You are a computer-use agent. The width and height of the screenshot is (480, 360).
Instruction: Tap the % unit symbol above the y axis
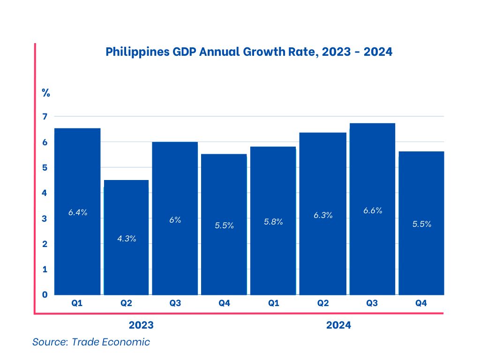click(45, 93)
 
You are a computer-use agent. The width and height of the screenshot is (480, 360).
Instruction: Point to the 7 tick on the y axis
click(45, 116)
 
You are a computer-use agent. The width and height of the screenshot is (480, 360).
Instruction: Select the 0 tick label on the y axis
click(45, 295)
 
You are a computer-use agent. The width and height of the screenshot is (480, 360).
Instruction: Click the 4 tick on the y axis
click(45, 193)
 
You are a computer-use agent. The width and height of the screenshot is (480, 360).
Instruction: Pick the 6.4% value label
click(78, 212)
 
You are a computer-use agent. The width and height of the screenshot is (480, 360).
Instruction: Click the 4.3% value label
click(127, 239)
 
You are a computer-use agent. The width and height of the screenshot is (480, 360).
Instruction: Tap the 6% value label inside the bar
click(175, 219)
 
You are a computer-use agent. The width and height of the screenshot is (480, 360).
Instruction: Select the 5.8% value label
click(273, 222)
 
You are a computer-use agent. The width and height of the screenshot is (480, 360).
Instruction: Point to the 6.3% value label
click(323, 216)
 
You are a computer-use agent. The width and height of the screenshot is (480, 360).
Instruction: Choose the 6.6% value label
click(373, 211)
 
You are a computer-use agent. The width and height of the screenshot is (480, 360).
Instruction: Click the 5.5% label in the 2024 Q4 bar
click(421, 224)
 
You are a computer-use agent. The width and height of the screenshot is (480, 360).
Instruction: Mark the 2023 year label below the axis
click(141, 325)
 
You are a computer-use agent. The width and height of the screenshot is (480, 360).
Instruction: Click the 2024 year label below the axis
click(338, 325)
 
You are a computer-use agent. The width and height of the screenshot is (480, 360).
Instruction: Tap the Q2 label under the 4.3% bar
click(126, 303)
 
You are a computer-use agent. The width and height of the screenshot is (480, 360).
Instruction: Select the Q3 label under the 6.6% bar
click(372, 303)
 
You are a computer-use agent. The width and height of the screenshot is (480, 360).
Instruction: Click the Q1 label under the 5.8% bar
click(273, 303)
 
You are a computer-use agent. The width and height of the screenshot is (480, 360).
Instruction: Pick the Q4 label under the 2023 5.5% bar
click(224, 303)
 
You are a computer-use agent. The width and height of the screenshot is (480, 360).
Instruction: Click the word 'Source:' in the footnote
click(49, 342)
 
